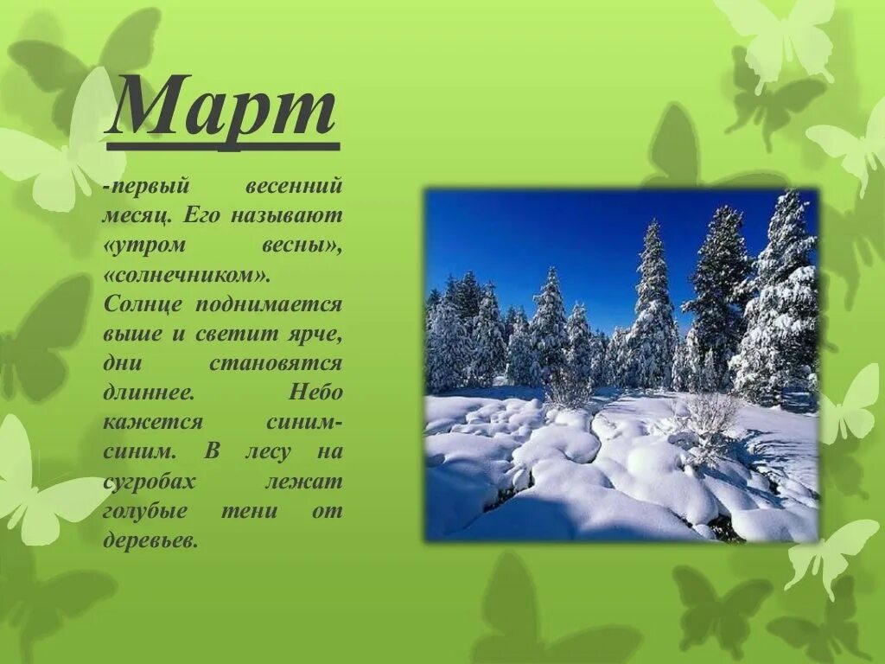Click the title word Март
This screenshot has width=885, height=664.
pyautogui.click(x=222, y=107)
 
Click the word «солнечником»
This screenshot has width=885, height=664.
pyautogui.click(x=187, y=275)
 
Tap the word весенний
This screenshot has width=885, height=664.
pyautogui.click(x=295, y=186)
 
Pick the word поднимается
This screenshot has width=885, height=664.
pyautogui.click(x=269, y=304)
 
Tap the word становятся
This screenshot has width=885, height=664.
pyautogui.click(x=276, y=363)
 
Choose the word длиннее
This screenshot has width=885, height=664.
pyautogui.click(x=148, y=393)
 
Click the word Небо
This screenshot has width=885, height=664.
pyautogui.click(x=315, y=393)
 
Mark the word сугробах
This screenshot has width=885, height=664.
pyautogui.click(x=150, y=482)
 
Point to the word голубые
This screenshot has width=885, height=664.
pyautogui.click(x=146, y=511)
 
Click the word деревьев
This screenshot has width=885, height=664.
pyautogui.click(x=150, y=540)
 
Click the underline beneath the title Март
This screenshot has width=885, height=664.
pyautogui.click(x=222, y=146)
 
